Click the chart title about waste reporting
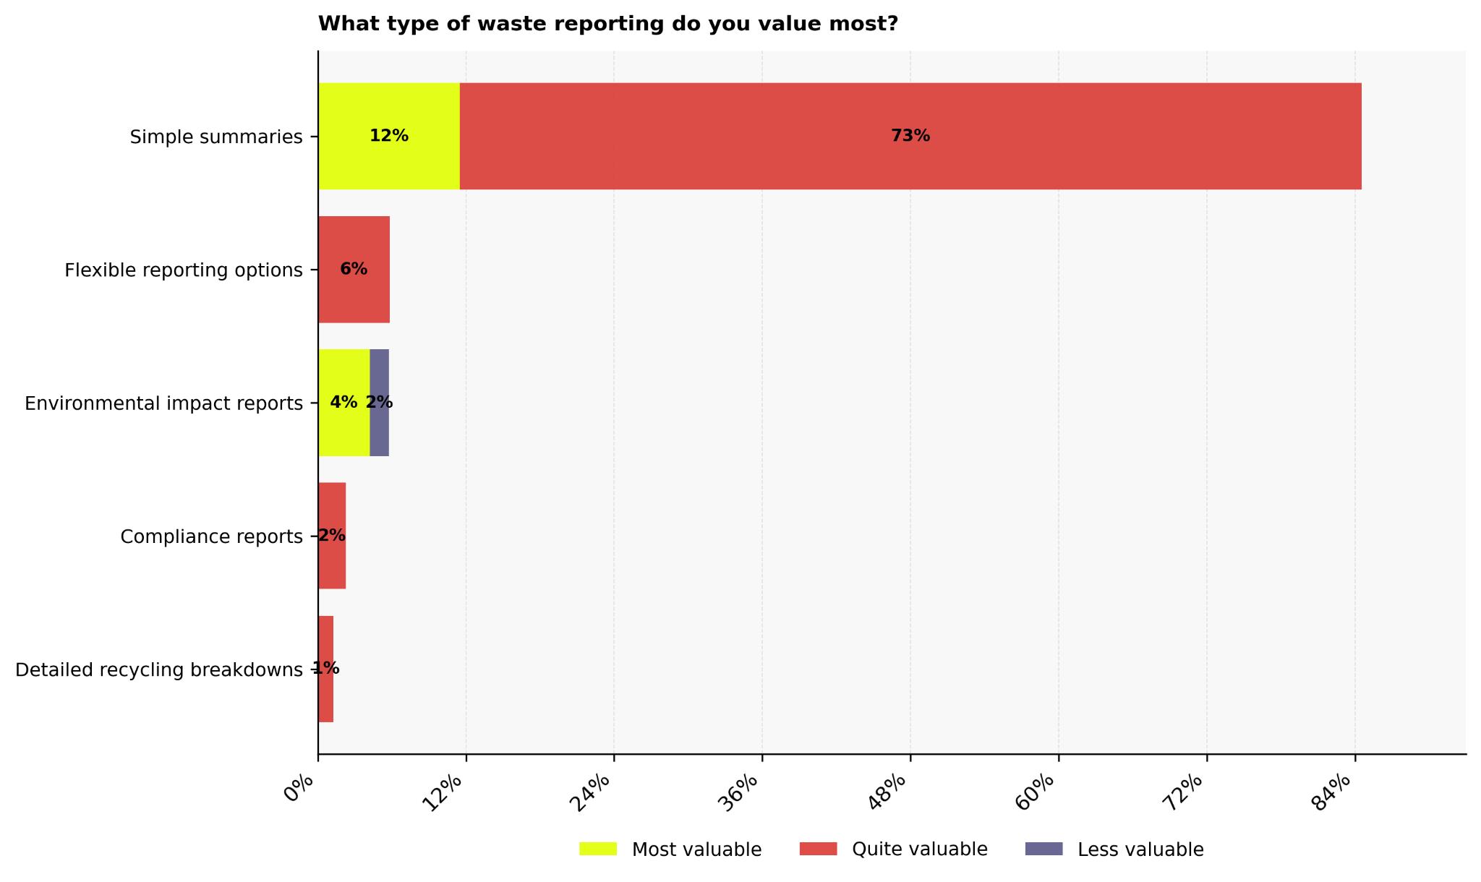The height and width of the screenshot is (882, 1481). click(x=607, y=24)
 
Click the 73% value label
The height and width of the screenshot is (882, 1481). click(x=910, y=136)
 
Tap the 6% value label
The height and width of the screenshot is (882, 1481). click(x=354, y=269)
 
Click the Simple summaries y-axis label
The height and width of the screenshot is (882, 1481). click(x=216, y=137)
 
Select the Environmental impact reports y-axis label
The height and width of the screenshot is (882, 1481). click(x=163, y=403)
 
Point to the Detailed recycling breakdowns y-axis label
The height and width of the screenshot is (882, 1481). click(x=158, y=670)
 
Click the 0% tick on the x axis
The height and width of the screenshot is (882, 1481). click(x=299, y=788)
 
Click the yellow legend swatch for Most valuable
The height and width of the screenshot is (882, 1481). click(x=598, y=849)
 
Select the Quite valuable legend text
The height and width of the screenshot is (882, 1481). click(x=919, y=849)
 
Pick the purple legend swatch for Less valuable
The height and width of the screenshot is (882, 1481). click(x=1043, y=849)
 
